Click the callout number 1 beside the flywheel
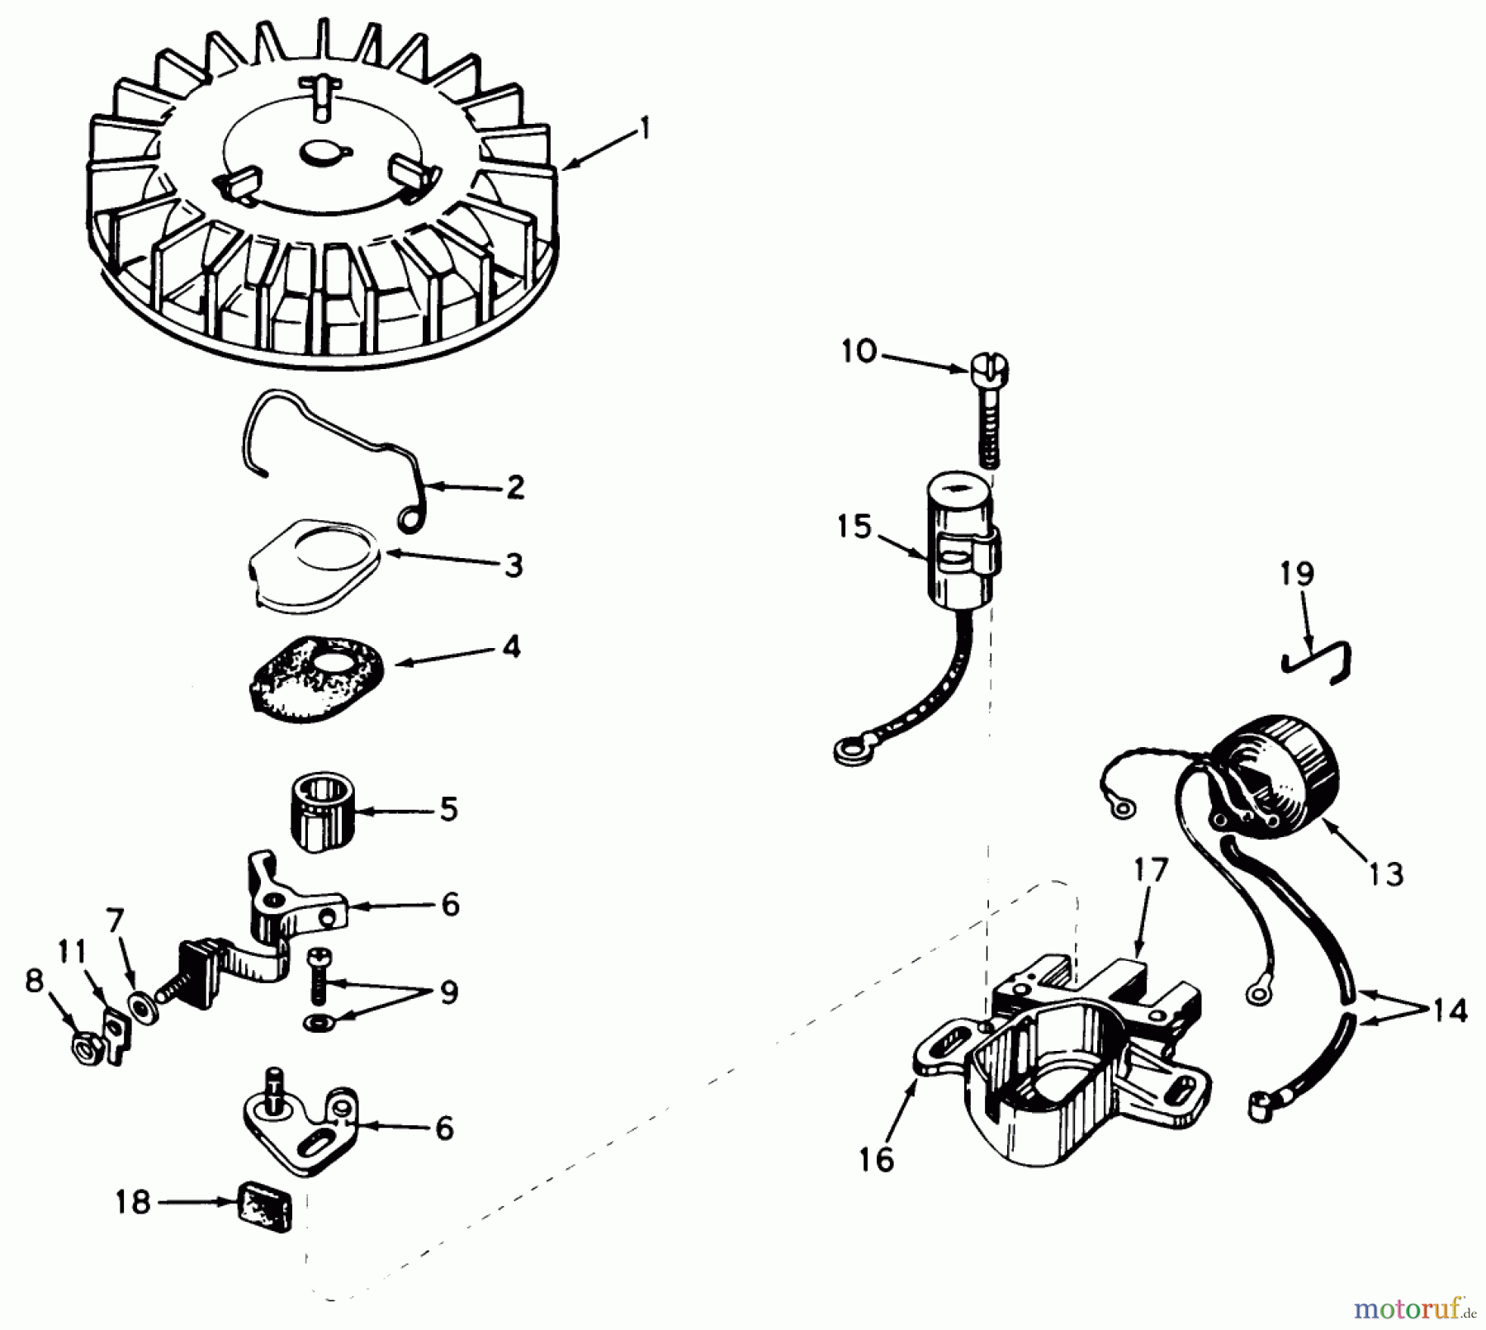(x=645, y=129)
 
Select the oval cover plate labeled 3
(x=314, y=565)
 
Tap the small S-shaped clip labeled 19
(x=1317, y=662)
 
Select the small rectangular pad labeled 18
(x=265, y=1207)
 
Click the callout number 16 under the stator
(x=876, y=1160)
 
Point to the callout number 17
(x=1151, y=870)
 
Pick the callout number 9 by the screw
(x=448, y=992)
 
